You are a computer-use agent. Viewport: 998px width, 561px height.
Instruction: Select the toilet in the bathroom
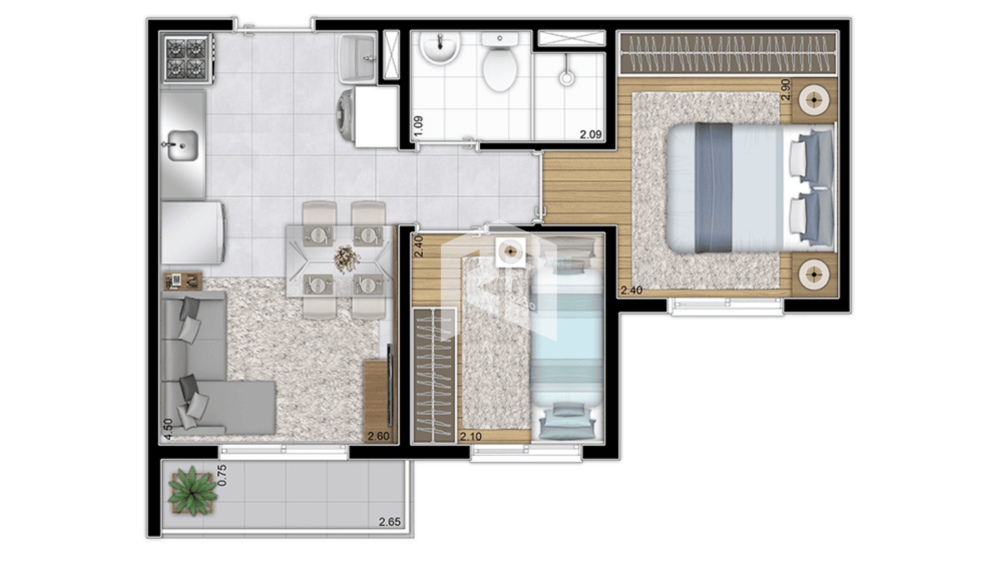(500, 62)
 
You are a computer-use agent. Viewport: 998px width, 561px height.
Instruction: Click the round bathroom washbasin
(440, 47)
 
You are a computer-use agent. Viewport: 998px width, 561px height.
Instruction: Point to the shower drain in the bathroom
(567, 78)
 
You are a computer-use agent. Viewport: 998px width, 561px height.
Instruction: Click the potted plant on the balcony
(192, 490)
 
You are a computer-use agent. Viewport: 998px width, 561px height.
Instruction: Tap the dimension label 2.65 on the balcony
(390, 522)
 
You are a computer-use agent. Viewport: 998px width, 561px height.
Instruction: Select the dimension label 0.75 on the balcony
(222, 475)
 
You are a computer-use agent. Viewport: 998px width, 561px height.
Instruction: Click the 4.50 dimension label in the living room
(168, 430)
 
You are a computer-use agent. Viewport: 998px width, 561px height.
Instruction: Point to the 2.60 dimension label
(378, 436)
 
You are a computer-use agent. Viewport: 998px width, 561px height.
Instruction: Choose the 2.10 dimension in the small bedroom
(470, 437)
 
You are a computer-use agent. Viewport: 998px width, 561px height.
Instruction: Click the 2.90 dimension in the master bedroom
(785, 89)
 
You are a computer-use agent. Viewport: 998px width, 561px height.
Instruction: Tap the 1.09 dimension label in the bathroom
(418, 126)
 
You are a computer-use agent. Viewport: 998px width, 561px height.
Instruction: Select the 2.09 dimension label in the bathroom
(591, 135)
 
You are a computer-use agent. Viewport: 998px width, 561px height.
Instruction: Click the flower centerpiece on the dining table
(347, 258)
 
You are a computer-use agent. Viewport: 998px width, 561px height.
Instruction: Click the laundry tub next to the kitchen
(358, 59)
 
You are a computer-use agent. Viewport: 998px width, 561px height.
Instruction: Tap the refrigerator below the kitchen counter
(193, 233)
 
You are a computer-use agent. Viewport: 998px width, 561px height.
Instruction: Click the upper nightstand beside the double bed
(814, 100)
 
